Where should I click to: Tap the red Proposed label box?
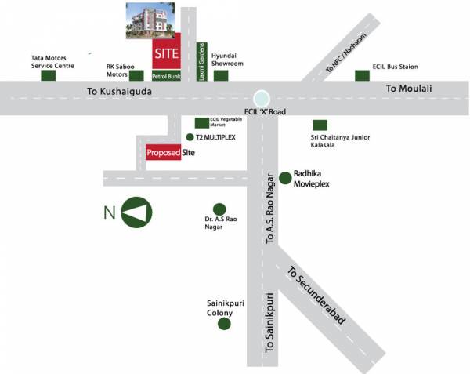point(163,154)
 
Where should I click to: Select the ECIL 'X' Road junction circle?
point(262,99)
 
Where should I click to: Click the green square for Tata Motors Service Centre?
point(48,76)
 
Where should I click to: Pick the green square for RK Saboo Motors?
point(137,76)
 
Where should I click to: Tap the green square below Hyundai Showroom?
point(221,76)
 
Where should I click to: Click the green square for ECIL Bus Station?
point(361,75)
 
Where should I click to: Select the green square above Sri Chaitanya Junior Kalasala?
point(320,125)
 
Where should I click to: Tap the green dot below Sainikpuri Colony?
point(225,322)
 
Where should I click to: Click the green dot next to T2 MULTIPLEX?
point(189,137)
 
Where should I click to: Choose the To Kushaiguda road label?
point(120,93)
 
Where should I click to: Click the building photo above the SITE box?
point(151,19)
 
